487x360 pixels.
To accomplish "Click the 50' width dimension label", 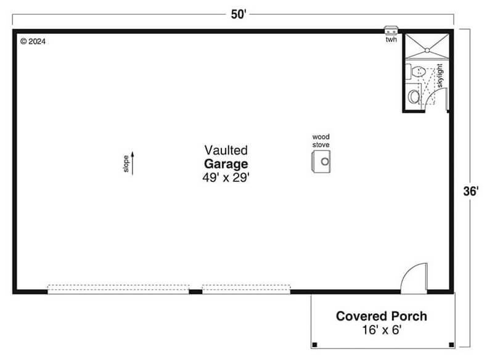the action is click(239, 14).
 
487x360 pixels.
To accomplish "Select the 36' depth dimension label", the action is click(471, 191).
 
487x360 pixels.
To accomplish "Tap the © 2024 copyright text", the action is click(33, 41).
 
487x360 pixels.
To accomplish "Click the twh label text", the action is click(391, 39).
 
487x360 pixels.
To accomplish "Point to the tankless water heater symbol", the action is click(391, 30).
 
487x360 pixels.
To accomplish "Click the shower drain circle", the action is click(427, 50).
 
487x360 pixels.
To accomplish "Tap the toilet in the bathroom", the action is click(416, 72).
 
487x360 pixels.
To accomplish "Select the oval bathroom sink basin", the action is click(413, 97).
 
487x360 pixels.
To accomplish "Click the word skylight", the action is click(440, 76).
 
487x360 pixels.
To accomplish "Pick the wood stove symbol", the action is click(321, 162).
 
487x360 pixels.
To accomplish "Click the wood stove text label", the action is click(321, 141).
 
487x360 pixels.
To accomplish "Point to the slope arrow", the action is click(133, 163).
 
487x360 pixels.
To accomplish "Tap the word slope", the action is click(126, 164).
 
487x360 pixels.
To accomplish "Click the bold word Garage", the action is click(226, 164).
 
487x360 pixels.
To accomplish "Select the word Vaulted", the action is click(226, 150).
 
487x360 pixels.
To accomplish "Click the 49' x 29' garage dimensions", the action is click(226, 178).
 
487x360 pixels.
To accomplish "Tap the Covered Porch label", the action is click(382, 316).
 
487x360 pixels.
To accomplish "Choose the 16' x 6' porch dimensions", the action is click(382, 330).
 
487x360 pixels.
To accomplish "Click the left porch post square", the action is click(314, 345).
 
